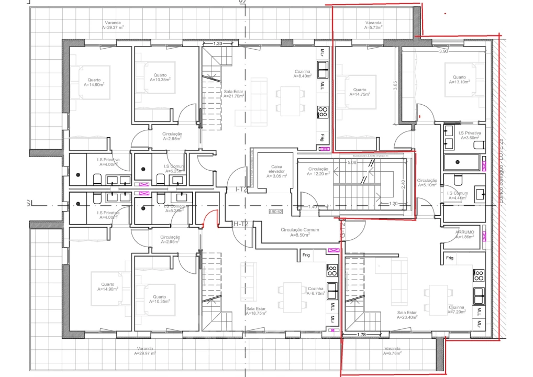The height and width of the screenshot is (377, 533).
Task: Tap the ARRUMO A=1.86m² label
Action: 464,234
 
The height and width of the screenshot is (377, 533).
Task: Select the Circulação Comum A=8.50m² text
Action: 299,232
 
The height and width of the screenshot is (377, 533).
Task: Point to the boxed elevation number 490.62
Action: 275,212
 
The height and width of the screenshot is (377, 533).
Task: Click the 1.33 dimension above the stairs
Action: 218,43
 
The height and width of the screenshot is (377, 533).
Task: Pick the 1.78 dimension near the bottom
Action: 360,334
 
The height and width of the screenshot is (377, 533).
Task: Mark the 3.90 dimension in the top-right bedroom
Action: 443,51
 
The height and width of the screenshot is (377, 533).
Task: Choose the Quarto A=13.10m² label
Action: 459,79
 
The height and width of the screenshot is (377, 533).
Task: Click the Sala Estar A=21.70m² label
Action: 234,94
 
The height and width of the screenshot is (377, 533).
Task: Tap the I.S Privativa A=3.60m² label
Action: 470,136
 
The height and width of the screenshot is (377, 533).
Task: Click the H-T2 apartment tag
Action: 240,224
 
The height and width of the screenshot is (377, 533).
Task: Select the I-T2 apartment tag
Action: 241,190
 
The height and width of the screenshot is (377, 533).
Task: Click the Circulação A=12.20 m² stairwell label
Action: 318,171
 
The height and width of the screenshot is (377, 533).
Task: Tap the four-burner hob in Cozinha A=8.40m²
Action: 323,112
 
